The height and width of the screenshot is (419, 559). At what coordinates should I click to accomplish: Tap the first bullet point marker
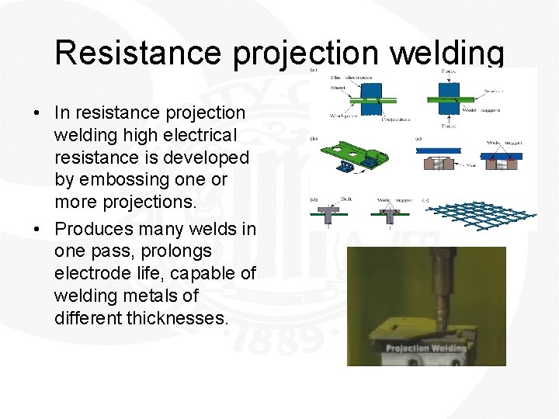coord(37,114)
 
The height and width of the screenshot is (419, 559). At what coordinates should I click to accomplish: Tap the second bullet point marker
coord(37,230)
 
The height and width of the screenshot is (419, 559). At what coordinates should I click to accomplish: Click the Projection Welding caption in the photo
coord(426,348)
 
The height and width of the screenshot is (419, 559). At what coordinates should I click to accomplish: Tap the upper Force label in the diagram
coord(448,71)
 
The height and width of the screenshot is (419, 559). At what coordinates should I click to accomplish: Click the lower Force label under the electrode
coord(448,125)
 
